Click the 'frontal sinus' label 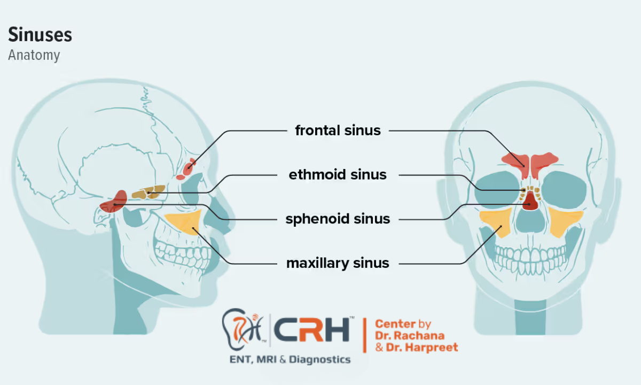[338, 130]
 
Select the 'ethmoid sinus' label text [338, 174]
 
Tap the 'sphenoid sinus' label [338, 219]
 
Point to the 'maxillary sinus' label [338, 263]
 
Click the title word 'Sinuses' [40, 35]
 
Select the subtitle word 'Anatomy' [34, 55]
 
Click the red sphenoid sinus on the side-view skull [114, 202]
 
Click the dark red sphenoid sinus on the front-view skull [530, 201]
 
